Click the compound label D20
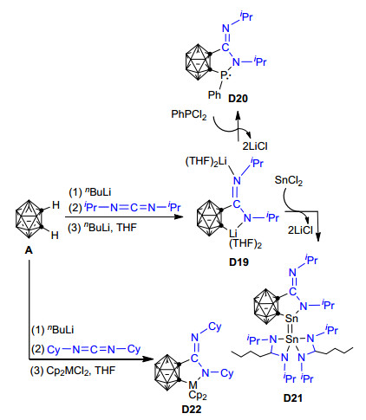(238, 99)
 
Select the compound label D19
(239, 262)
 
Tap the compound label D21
(293, 398)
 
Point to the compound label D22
(191, 410)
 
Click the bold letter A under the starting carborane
(29, 250)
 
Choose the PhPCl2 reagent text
(189, 114)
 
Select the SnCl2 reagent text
(289, 180)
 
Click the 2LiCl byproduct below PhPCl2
(255, 146)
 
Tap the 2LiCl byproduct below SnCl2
(300, 230)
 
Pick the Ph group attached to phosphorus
(214, 94)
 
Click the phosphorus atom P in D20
(224, 75)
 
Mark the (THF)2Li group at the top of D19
(206, 162)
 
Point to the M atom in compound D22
(193, 384)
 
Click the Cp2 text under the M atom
(198, 395)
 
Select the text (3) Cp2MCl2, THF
(73, 371)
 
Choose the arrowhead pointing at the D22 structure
(148, 359)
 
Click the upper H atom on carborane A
(56, 205)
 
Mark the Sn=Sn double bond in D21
(291, 329)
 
